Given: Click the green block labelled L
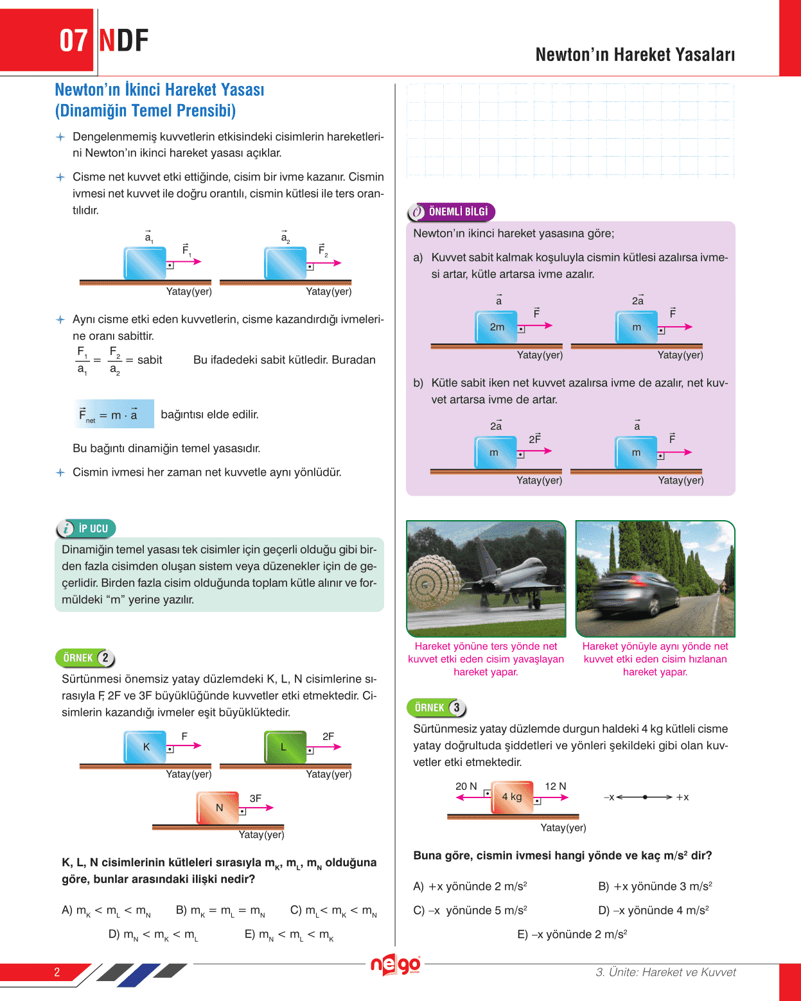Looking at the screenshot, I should click(x=285, y=747).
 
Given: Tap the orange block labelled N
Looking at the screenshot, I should click(x=218, y=807).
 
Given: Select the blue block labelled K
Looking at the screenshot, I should click(x=145, y=747).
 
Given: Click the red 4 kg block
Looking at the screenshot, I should click(x=512, y=797).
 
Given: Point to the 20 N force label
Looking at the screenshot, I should click(x=466, y=786).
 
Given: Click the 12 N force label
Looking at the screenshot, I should click(x=555, y=786).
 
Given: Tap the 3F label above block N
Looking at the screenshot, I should click(x=255, y=798).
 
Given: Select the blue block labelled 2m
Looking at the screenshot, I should click(x=496, y=327).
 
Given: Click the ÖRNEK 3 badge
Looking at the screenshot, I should click(x=436, y=708).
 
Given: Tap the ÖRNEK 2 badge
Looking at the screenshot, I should click(x=85, y=658).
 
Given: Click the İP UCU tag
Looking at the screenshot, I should click(x=86, y=528).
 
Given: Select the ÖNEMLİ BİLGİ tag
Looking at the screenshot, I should click(x=451, y=211).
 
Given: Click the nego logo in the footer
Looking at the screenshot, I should click(x=395, y=964).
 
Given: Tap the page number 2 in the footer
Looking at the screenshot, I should click(x=57, y=972).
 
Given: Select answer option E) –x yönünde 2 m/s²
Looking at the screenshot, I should click(x=572, y=934).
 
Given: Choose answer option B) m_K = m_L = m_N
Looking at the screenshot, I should click(x=220, y=910).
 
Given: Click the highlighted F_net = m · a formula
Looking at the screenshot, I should click(x=113, y=414).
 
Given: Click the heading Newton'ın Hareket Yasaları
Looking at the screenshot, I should click(x=635, y=55).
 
